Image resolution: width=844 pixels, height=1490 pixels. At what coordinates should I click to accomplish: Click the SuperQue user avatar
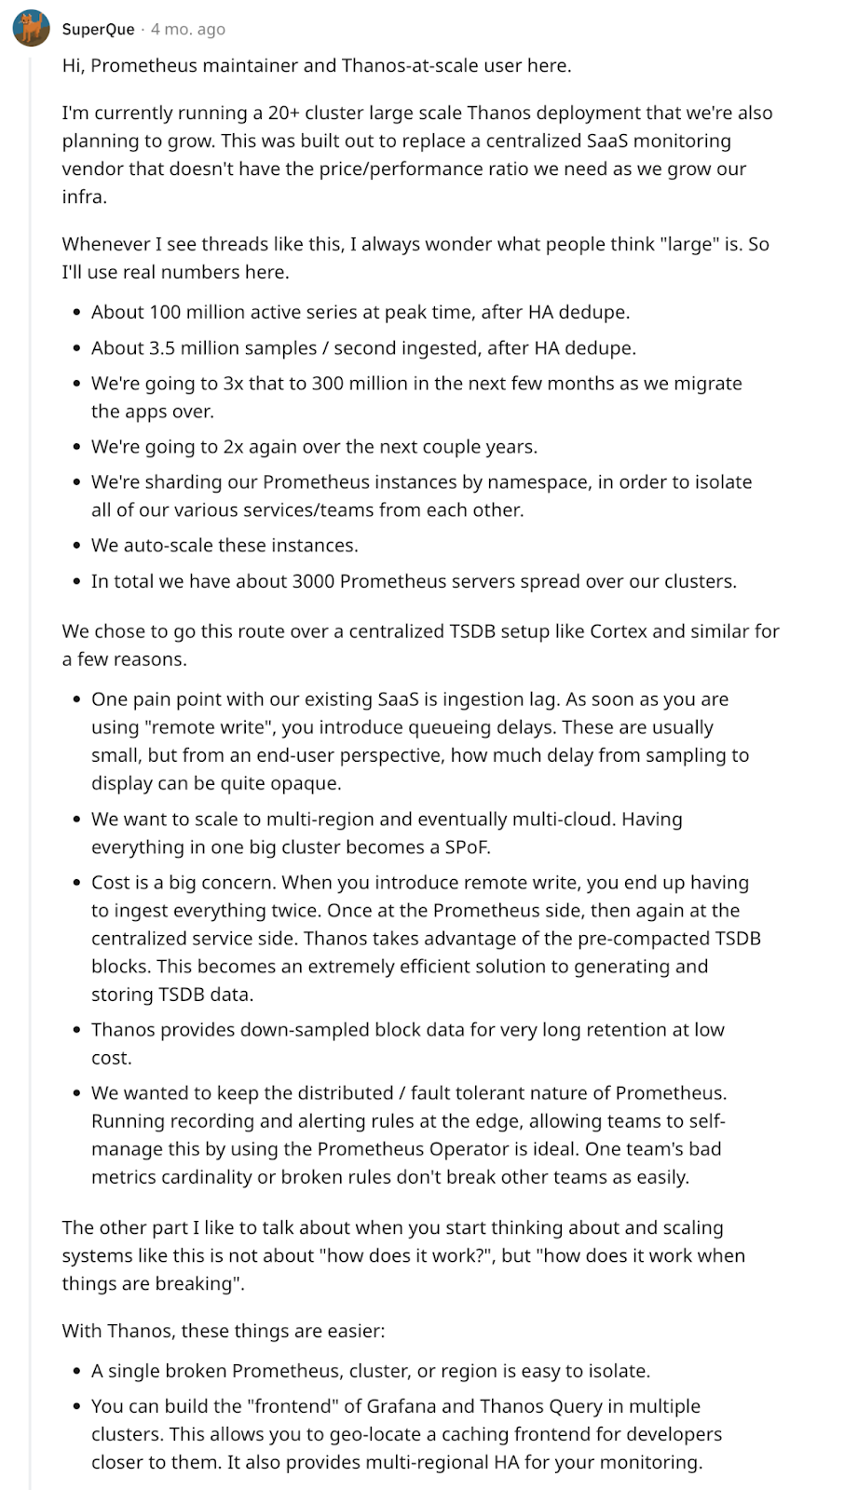pyautogui.click(x=31, y=29)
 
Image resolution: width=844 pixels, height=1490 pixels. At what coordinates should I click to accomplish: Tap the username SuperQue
pyautogui.click(x=98, y=29)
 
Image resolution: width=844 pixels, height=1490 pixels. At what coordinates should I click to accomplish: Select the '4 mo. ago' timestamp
pyautogui.click(x=188, y=29)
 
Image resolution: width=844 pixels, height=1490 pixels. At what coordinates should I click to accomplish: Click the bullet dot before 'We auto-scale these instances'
pyautogui.click(x=76, y=547)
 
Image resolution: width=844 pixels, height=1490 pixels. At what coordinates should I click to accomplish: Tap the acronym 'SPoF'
pyautogui.click(x=465, y=847)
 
